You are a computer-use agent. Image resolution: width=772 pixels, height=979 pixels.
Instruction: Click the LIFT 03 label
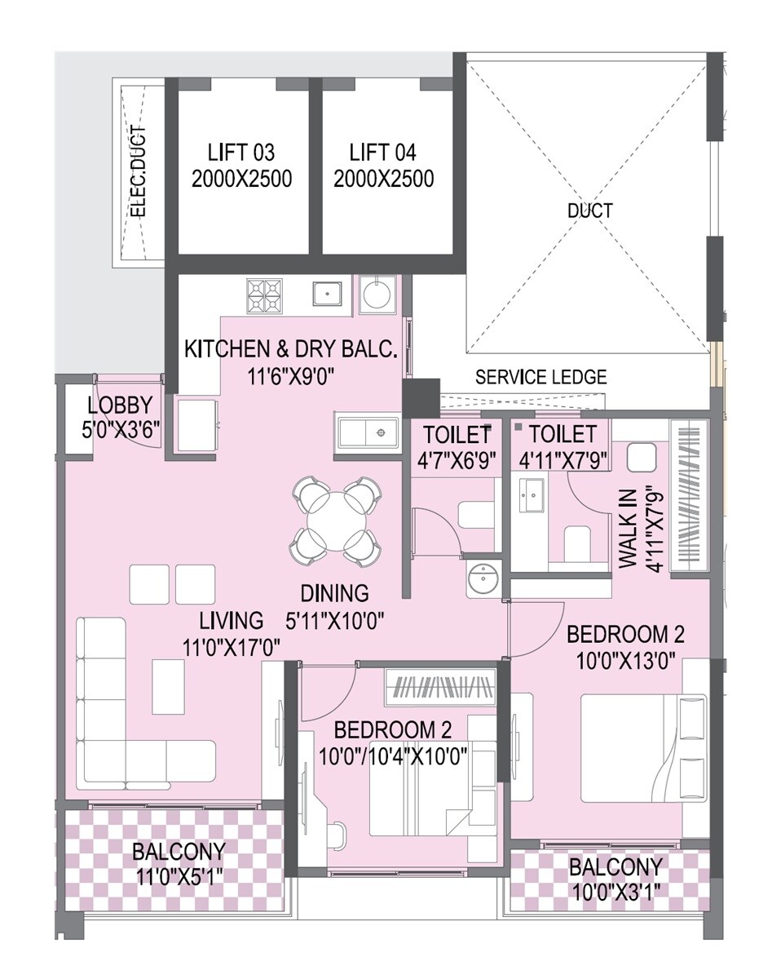240,153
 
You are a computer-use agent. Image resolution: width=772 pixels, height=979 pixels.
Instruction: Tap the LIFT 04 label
382,153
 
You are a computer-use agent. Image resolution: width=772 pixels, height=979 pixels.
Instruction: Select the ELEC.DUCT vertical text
139,172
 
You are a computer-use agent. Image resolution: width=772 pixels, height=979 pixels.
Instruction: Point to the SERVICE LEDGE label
540,377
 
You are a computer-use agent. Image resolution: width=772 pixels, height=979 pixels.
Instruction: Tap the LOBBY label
120,405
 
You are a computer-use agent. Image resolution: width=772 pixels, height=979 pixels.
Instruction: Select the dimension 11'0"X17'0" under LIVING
232,647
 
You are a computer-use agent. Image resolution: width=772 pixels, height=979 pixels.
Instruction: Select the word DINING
333,593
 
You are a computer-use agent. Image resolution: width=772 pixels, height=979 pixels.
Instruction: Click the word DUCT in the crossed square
589,210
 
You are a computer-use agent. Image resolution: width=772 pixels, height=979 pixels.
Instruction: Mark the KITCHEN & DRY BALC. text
290,350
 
